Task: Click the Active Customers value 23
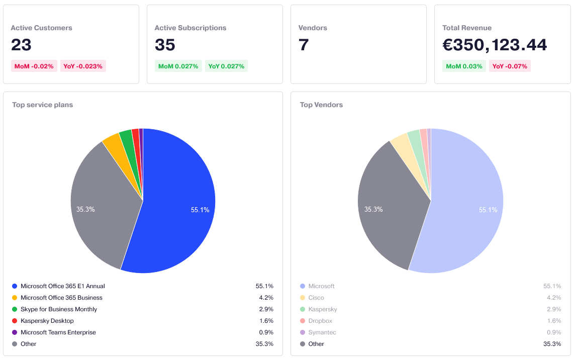pos(21,45)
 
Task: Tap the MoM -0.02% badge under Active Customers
pos(34,66)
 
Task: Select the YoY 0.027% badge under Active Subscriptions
pos(226,66)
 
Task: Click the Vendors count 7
pos(304,45)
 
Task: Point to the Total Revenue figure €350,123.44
pos(495,45)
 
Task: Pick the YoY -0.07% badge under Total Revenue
pos(510,66)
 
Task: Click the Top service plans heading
pos(43,105)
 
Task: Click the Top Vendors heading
pos(321,105)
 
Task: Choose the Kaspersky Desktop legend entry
pos(47,321)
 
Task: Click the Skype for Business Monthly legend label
pos(59,309)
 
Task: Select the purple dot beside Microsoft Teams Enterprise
pos(15,332)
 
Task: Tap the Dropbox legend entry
pos(320,321)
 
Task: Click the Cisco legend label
pos(316,298)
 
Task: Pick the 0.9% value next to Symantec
pos(554,332)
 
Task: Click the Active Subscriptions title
pos(190,28)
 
